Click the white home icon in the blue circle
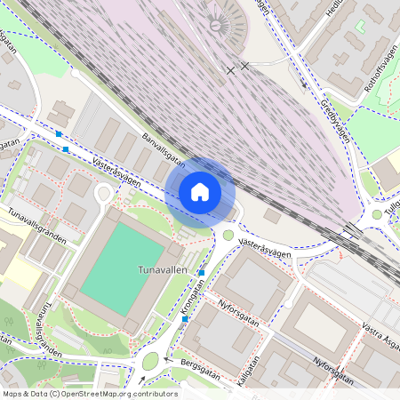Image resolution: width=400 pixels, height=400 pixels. (200, 191)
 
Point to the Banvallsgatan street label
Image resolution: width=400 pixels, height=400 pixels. (164, 148)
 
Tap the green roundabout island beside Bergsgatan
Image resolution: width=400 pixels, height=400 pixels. (150, 361)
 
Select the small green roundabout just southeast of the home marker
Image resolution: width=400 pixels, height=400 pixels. (228, 236)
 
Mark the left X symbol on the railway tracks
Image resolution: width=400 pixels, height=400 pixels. (231, 69)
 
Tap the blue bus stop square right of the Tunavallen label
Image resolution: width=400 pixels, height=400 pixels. (202, 272)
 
